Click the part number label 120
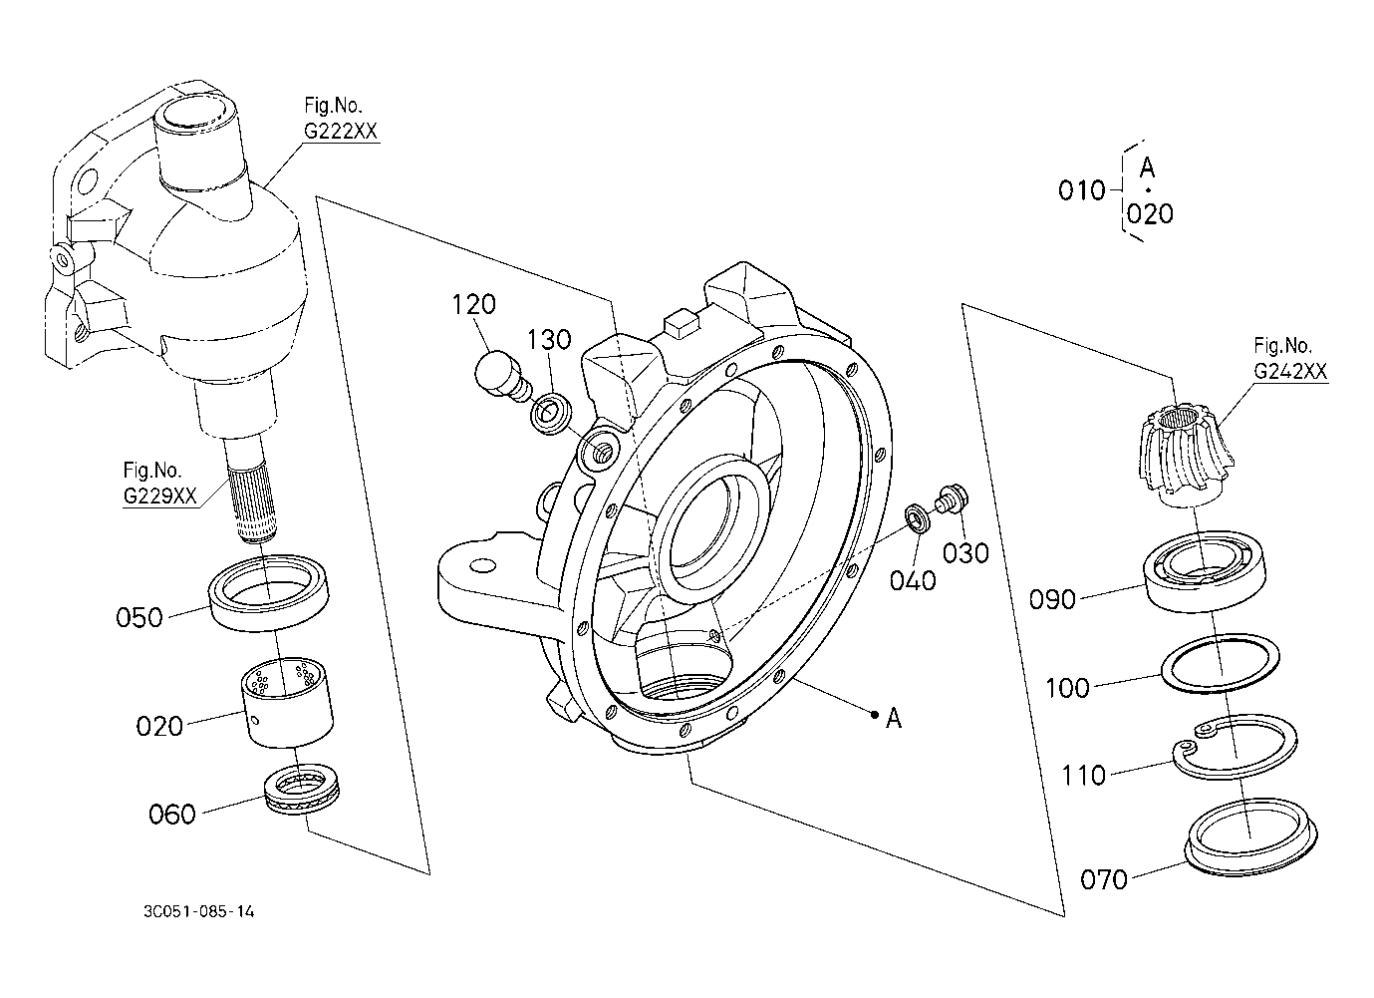(473, 304)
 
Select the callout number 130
(549, 339)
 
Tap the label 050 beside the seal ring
(139, 617)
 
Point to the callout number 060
(171, 815)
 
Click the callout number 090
(1052, 599)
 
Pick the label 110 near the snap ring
(1083, 777)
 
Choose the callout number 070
(1104, 880)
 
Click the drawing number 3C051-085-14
(198, 911)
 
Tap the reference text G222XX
(341, 132)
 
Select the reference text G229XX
(159, 496)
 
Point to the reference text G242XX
(1290, 371)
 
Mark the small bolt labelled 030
(952, 498)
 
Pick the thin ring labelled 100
(1220, 664)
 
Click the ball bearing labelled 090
(1204, 571)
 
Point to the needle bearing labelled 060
(301, 790)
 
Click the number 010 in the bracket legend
(1081, 191)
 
